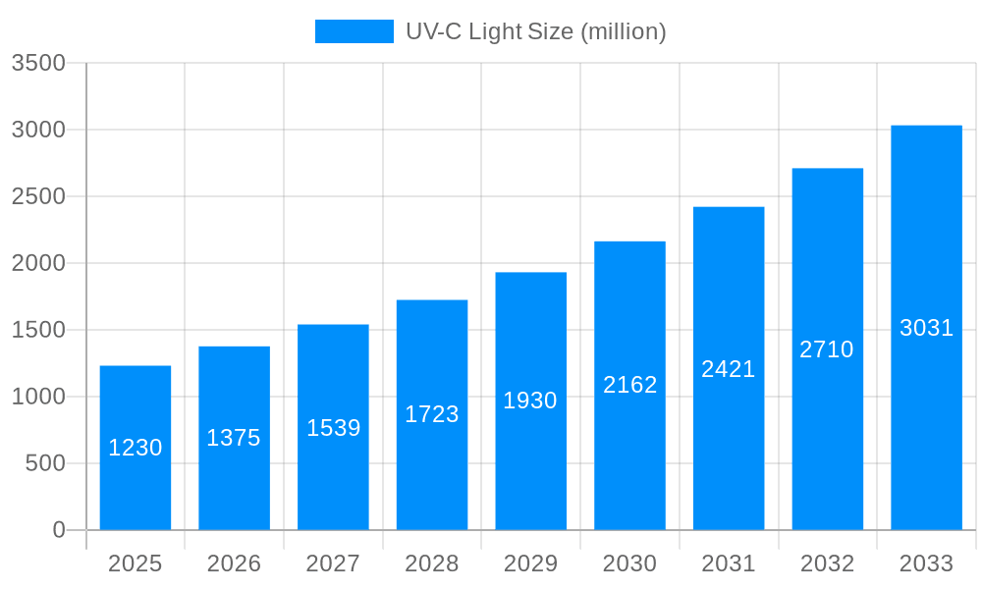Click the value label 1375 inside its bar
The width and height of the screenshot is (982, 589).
pyautogui.click(x=234, y=438)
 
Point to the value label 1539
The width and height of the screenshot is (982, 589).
pyautogui.click(x=334, y=428)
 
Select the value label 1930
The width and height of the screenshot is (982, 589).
pyautogui.click(x=530, y=401)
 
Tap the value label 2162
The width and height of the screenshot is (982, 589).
pyautogui.click(x=630, y=385)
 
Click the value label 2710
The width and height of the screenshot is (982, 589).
pyautogui.click(x=827, y=349)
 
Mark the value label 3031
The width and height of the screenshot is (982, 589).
pyautogui.click(x=927, y=328)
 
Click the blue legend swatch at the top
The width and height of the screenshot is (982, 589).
pyautogui.click(x=354, y=31)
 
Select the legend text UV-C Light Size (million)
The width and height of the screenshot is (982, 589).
pyautogui.click(x=536, y=31)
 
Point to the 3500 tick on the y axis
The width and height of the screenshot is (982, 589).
pyautogui.click(x=38, y=64)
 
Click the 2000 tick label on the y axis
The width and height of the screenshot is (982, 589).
pyautogui.click(x=38, y=263)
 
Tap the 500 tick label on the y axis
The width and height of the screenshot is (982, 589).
pyautogui.click(x=45, y=463)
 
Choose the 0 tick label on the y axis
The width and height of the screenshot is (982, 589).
pyautogui.click(x=59, y=530)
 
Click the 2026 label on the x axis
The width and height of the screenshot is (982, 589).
pyautogui.click(x=234, y=563)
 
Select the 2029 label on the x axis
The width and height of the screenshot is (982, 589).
pyautogui.click(x=530, y=563)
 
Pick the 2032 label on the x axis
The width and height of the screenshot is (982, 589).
pyautogui.click(x=827, y=563)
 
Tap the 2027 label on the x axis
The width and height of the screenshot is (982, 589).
pyautogui.click(x=333, y=563)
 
